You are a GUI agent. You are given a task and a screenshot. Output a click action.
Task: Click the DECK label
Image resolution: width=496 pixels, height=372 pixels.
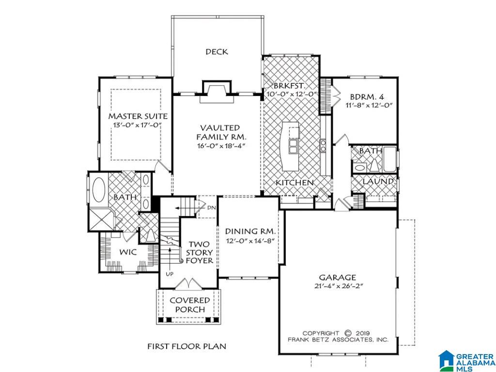pos(217,51)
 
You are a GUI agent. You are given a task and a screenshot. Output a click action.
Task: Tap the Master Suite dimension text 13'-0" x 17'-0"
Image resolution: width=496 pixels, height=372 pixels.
pos(138,125)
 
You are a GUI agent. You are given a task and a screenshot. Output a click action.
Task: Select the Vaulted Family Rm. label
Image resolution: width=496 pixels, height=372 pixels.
pos(220,132)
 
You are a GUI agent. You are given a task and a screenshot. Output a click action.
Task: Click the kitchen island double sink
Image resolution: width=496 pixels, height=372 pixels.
pos(293,146)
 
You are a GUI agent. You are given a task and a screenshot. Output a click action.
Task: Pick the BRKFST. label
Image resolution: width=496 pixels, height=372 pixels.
pos(290,86)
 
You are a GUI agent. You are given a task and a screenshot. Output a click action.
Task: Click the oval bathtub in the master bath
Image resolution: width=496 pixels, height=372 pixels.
pos(99,189)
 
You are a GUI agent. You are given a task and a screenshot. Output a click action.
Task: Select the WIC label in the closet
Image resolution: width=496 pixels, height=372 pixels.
pos(128,252)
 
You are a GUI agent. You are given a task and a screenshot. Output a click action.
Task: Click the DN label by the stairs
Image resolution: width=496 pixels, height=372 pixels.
pos(211,208)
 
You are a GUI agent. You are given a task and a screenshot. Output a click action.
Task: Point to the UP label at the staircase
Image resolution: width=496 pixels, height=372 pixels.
pos(170,274)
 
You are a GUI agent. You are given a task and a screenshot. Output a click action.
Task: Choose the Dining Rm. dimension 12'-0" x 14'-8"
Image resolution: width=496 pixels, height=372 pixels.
pos(249,241)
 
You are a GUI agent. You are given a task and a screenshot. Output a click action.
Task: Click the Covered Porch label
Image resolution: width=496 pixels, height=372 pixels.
pos(190,305)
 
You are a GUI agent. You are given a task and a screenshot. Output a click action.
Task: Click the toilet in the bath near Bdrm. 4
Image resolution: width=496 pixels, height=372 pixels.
pos(375,164)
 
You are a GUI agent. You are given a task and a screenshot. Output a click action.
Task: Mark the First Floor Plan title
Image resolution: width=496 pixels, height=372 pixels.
pos(187,346)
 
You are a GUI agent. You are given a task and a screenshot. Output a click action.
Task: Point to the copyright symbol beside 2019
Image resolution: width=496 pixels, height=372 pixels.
pos(348,333)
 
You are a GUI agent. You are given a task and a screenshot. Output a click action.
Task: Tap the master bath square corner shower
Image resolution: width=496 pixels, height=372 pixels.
pos(100,218)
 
